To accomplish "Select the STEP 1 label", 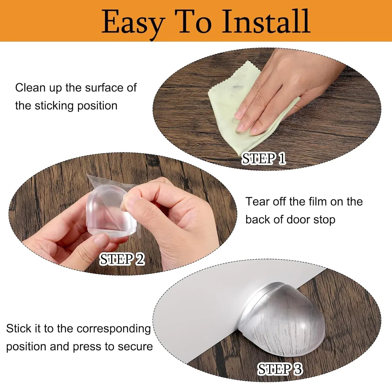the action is pyautogui.click(x=264, y=159).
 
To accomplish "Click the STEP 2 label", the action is pyautogui.click(x=122, y=259).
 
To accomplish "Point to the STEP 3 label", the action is pyautogui.click(x=280, y=369).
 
